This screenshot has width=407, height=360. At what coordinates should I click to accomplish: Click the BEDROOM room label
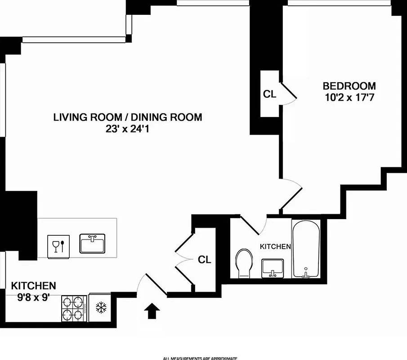(x=349, y=85)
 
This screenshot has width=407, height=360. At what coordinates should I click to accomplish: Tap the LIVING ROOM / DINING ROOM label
(x=128, y=117)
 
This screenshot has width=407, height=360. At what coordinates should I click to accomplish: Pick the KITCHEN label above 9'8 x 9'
(x=34, y=285)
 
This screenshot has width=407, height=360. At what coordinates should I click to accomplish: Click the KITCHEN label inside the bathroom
(x=276, y=247)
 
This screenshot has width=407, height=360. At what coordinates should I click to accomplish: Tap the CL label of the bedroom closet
(x=269, y=94)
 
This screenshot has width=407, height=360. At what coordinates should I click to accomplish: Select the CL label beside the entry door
(x=205, y=260)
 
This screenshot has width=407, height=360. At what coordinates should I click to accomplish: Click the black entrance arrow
(x=152, y=311)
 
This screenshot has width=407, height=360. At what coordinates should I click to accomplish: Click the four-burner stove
(x=74, y=308)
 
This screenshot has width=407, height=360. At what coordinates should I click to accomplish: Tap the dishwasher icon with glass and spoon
(x=59, y=245)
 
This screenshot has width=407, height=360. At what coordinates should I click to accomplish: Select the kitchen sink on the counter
(x=92, y=244)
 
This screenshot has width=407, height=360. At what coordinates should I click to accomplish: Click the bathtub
(x=306, y=250)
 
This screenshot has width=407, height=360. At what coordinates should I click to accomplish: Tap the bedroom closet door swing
(x=289, y=94)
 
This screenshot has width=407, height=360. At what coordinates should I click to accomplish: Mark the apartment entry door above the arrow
(x=152, y=283)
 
